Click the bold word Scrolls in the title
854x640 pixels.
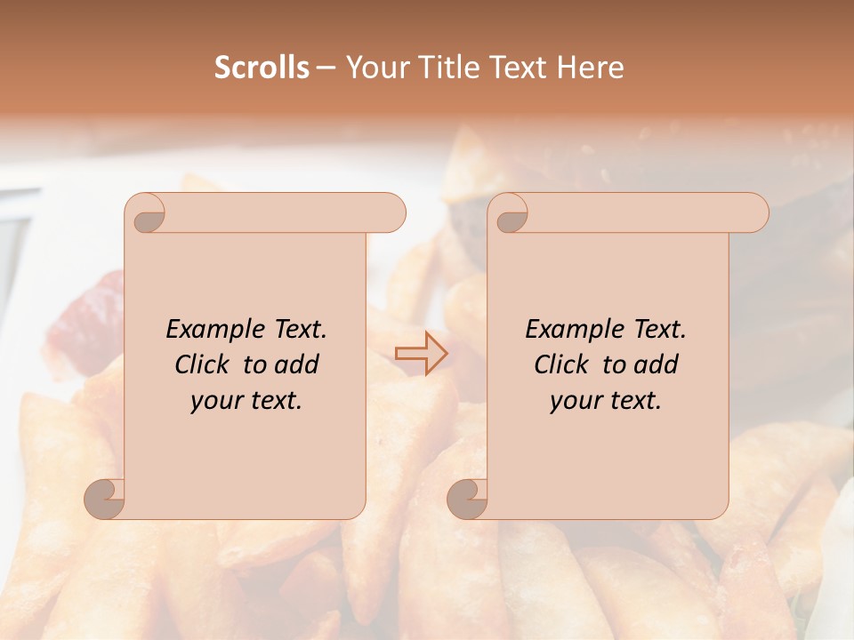tap(262, 68)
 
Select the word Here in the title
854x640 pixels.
tap(590, 68)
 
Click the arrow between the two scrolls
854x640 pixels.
tap(421, 354)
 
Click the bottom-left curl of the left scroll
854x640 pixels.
tap(105, 498)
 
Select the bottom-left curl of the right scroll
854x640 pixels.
tap(467, 498)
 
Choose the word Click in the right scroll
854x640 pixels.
tap(561, 365)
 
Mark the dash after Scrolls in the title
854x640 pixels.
tap(326, 68)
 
